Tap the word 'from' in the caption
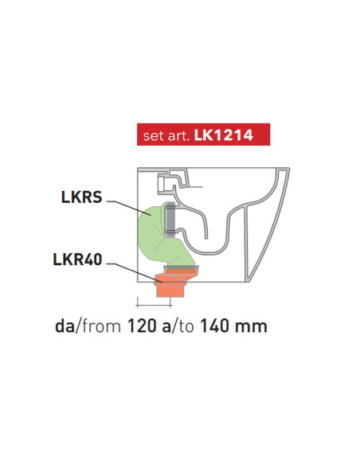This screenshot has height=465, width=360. [101, 326]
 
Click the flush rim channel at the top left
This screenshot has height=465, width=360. [171, 184]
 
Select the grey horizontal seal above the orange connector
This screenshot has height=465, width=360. [180, 268]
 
